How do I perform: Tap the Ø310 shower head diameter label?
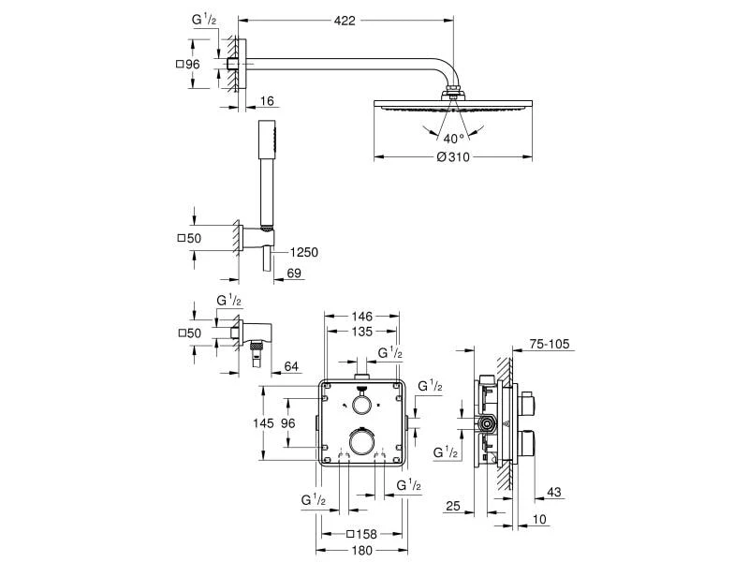(452, 157)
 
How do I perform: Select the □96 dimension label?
(188, 64)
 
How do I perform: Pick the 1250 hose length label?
(304, 251)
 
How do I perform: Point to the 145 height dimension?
(264, 423)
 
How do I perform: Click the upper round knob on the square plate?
(360, 405)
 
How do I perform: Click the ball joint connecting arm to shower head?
(454, 93)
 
